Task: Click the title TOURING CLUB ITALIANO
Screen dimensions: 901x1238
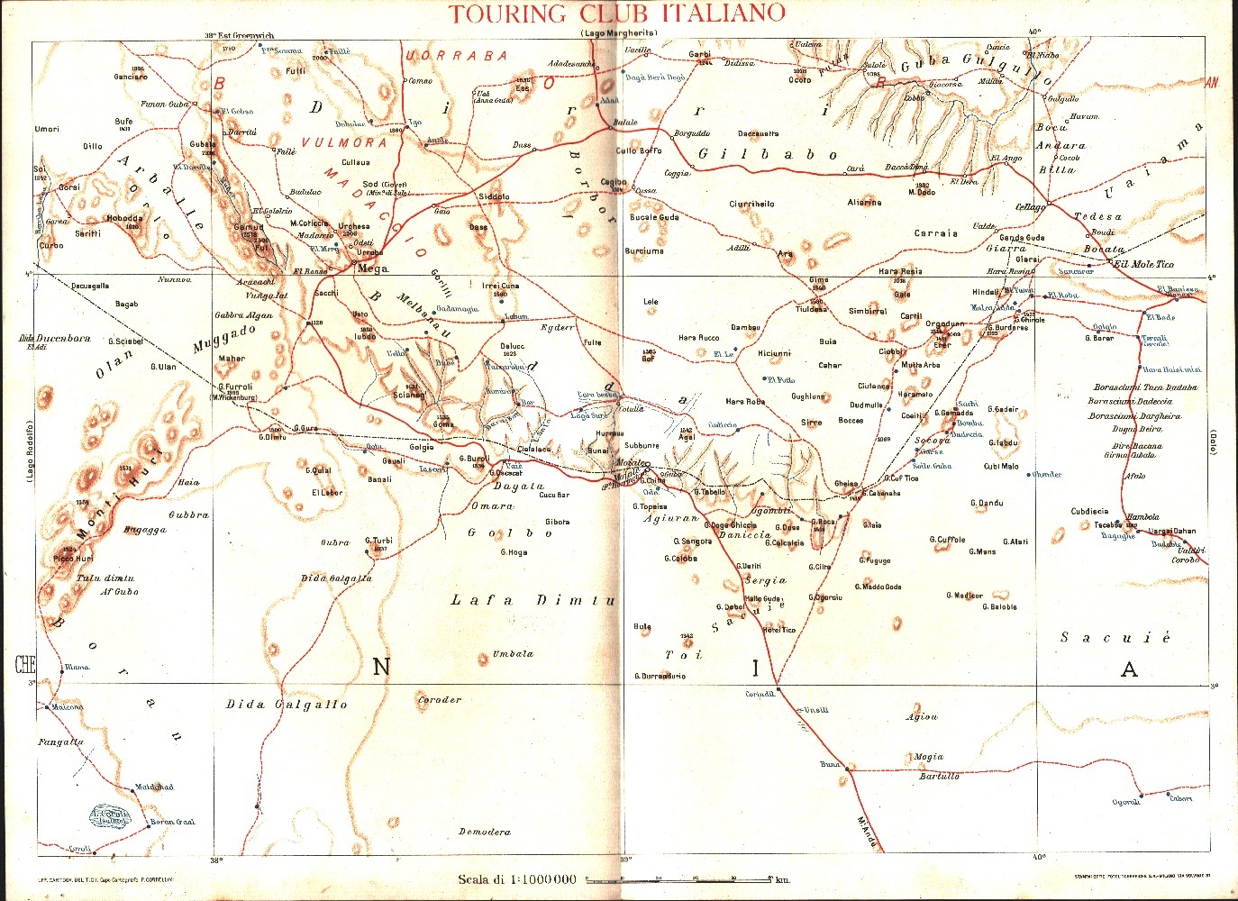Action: (x=617, y=14)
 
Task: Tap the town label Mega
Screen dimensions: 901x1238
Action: (x=373, y=268)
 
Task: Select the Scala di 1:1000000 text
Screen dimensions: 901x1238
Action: (x=517, y=879)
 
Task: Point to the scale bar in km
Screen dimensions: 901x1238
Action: (x=680, y=878)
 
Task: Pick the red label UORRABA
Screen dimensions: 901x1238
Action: (x=457, y=56)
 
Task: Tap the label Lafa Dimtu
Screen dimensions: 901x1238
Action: (x=533, y=600)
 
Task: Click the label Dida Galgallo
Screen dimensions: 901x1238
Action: (x=287, y=705)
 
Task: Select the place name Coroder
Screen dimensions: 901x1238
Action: (x=440, y=700)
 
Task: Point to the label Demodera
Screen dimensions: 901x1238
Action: (x=485, y=832)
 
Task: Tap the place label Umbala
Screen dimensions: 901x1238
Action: (x=513, y=654)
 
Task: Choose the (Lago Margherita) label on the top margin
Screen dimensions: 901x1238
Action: (x=619, y=33)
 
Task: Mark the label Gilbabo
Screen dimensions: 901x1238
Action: (x=768, y=154)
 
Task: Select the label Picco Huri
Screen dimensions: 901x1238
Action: (x=72, y=559)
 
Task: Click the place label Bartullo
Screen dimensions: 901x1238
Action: (x=939, y=776)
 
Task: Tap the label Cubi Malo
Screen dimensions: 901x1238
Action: (x=1001, y=466)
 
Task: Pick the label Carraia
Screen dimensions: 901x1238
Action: (x=935, y=233)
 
